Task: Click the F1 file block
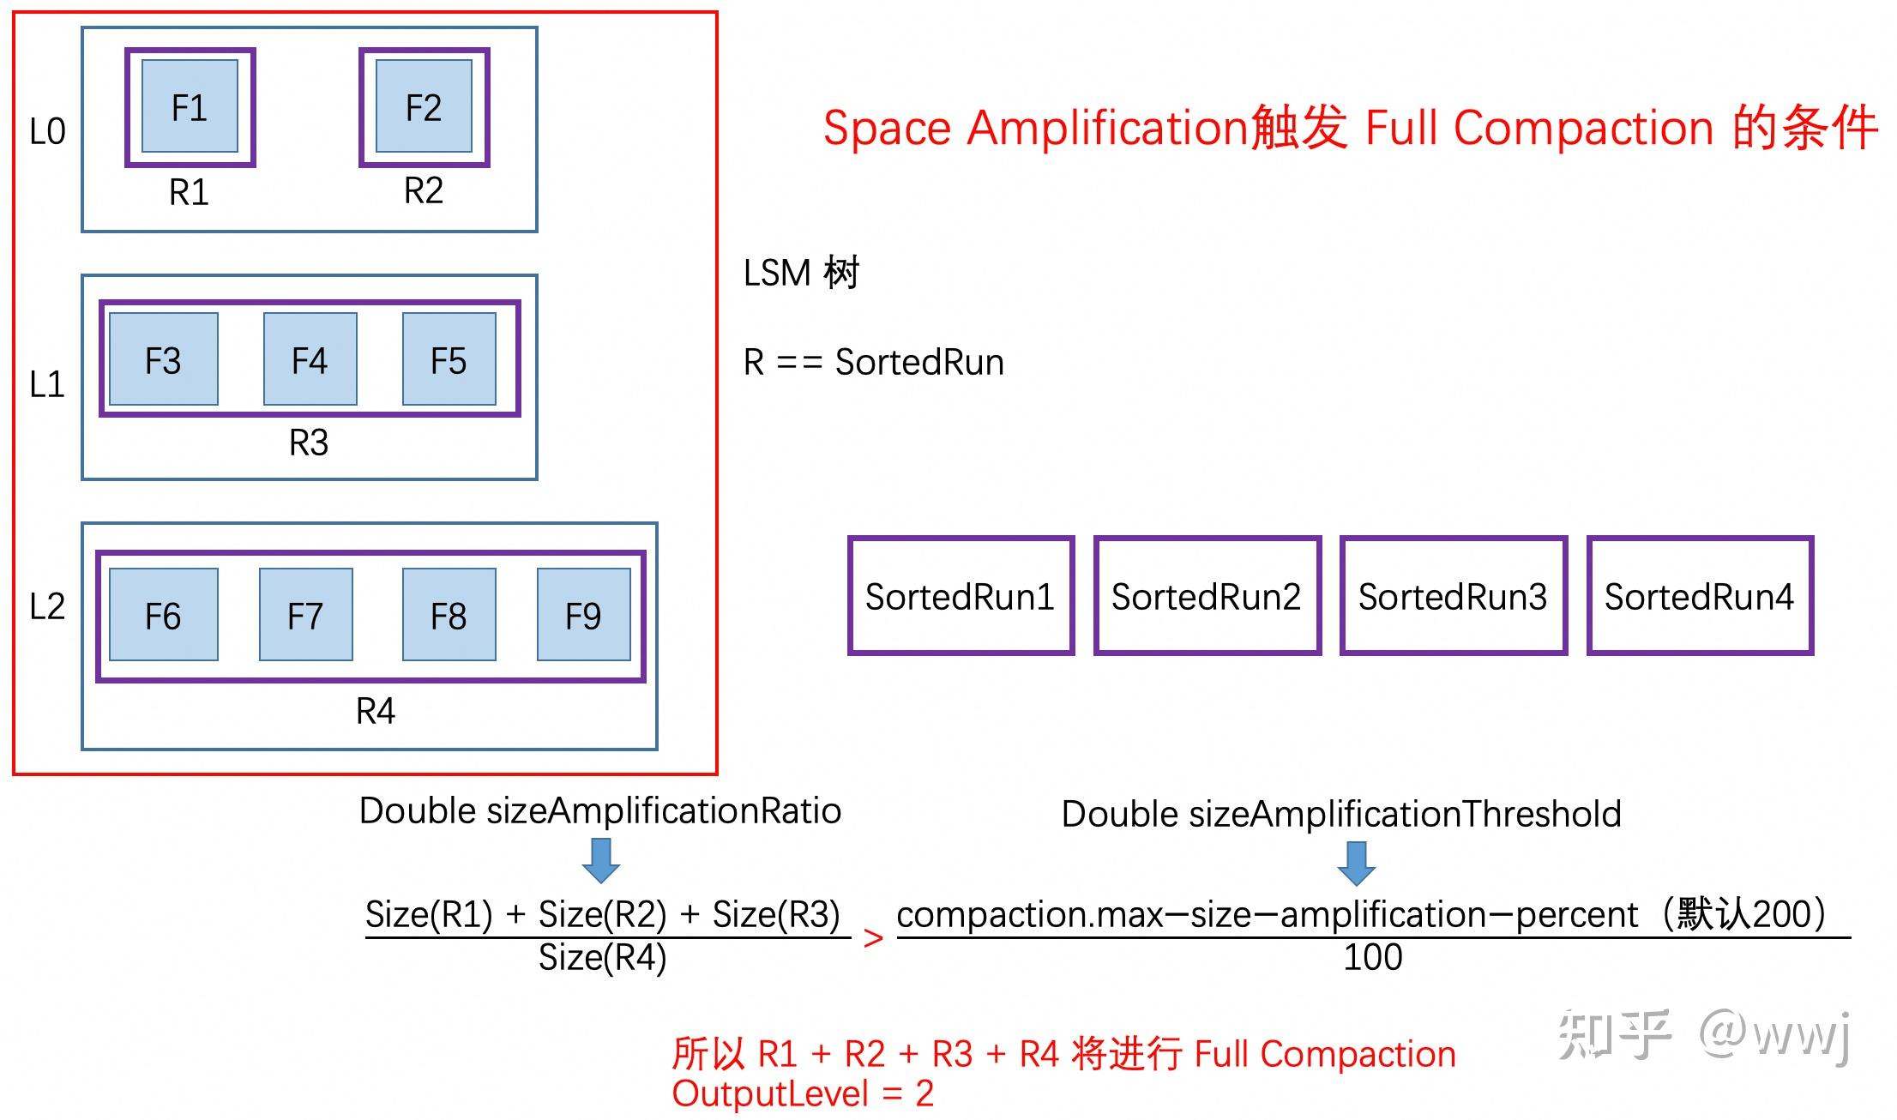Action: tap(190, 107)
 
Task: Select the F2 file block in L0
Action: tap(424, 107)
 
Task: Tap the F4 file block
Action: tap(310, 359)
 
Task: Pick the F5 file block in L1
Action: tap(449, 359)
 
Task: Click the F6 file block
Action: tap(163, 615)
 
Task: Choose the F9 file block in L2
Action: tap(583, 615)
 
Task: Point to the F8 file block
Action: tap(449, 615)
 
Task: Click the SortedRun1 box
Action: tap(961, 596)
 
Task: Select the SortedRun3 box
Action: tap(1453, 596)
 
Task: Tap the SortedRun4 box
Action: tap(1699, 596)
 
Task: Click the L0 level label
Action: tap(47, 131)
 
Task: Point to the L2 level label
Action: tap(47, 606)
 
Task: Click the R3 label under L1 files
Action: tap(309, 443)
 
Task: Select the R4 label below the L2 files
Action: tap(376, 711)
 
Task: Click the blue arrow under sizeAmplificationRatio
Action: tap(601, 860)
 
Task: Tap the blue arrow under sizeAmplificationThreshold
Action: tap(1356, 863)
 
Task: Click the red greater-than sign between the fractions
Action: tap(873, 938)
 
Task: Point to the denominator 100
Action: tap(1372, 957)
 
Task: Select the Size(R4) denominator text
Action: tap(602, 957)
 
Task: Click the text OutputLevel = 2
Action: tap(803, 1093)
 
